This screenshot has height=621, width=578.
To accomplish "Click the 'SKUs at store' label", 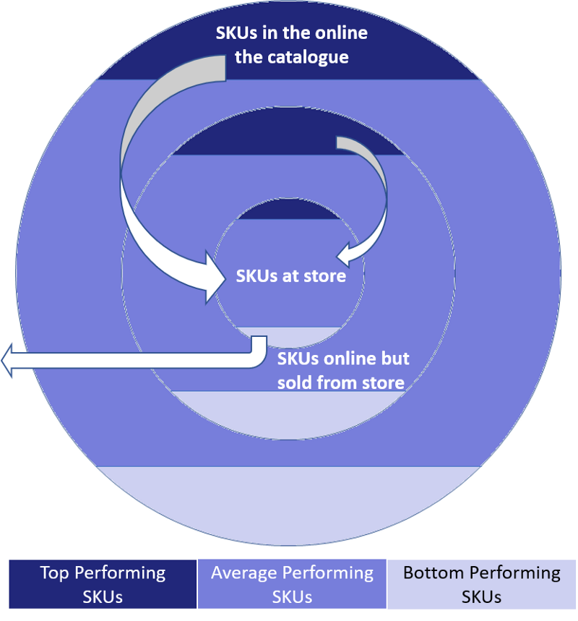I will click(290, 276).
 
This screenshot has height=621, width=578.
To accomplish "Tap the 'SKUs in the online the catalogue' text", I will click(291, 45).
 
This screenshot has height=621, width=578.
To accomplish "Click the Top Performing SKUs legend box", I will click(103, 584).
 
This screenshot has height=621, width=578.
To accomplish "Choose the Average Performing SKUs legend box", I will click(292, 584).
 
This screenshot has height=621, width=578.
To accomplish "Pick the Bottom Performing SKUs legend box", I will click(481, 584).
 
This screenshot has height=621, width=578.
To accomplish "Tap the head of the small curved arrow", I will click(343, 254).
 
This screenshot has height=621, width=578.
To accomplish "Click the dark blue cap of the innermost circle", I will click(288, 210).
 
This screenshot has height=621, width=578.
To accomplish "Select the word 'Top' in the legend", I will click(55, 573).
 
